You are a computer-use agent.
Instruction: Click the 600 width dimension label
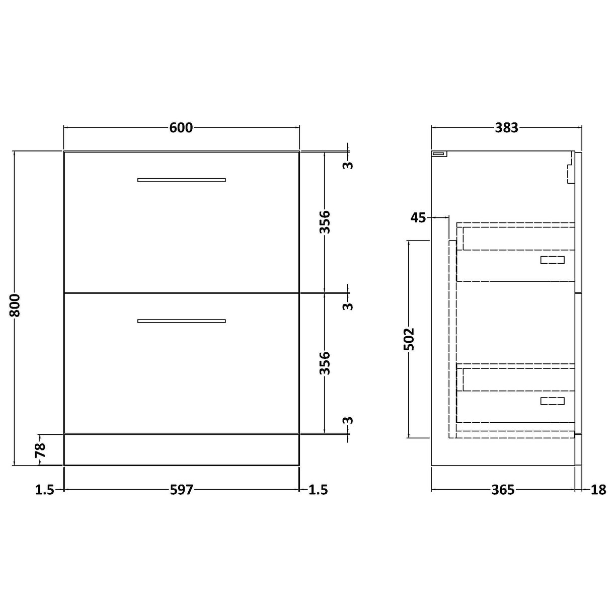[181, 128]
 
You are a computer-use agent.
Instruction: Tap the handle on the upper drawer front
[182, 180]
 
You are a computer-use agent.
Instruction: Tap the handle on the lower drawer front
[182, 321]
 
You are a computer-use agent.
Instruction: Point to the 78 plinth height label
[41, 449]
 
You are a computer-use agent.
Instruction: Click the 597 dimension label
[181, 489]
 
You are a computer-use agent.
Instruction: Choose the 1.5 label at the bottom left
[45, 489]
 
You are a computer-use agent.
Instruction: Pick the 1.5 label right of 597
[318, 489]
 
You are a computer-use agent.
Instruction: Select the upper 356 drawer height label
[325, 221]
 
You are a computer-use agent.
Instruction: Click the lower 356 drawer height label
[325, 362]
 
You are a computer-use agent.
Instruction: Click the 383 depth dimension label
[506, 128]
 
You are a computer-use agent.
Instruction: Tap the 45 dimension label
[418, 217]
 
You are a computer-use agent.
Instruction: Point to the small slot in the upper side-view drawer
[552, 260]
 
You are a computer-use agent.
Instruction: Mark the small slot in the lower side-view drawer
[552, 401]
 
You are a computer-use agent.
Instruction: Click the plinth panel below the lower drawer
[182, 449]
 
